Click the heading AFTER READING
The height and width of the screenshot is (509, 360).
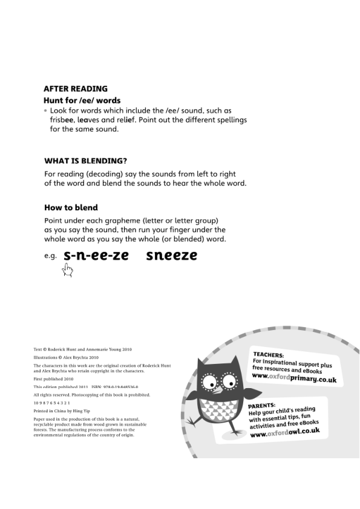[76, 88]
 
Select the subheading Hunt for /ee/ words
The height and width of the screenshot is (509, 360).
[82, 100]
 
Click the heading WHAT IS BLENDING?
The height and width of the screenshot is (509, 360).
[85, 161]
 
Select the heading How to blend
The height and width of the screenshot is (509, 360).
[71, 208]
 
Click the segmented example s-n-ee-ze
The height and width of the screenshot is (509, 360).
[96, 256]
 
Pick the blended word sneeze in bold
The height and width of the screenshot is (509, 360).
[172, 256]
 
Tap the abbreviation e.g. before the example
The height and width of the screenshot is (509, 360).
[50, 256]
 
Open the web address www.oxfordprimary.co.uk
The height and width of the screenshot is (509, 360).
[293, 378]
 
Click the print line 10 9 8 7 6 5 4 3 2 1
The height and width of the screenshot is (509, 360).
[51, 403]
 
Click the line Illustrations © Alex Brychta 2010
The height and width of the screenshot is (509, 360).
[65, 357]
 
